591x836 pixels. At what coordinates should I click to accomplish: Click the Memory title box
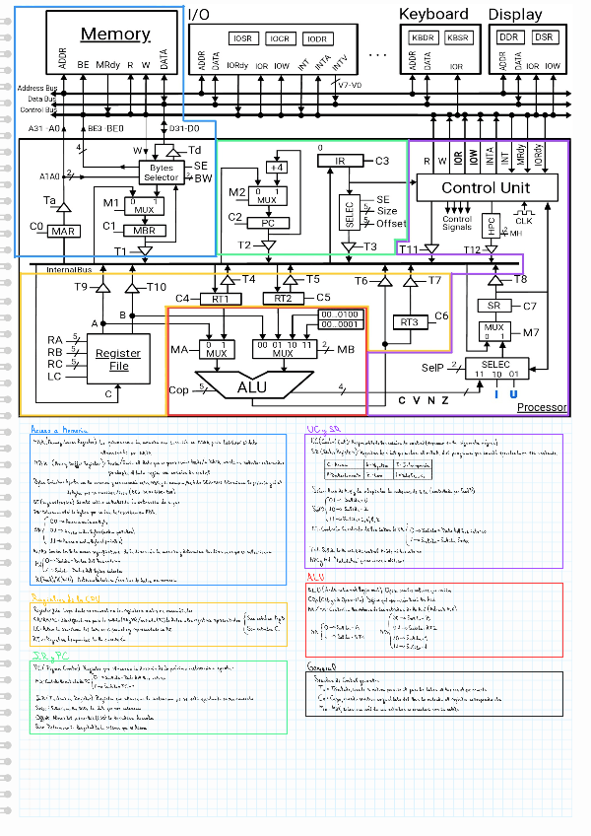pyautogui.click(x=115, y=35)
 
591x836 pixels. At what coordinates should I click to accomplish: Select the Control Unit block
pyautogui.click(x=486, y=187)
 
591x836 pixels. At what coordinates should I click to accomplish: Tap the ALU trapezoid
pyautogui.click(x=251, y=387)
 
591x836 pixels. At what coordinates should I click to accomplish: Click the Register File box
pyautogui.click(x=118, y=359)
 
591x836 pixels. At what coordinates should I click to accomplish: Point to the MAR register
pyautogui.click(x=64, y=231)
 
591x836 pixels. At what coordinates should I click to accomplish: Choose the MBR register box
pyautogui.click(x=145, y=231)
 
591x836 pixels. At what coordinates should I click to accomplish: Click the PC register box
pyautogui.click(x=266, y=223)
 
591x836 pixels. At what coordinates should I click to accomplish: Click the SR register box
pyautogui.click(x=493, y=306)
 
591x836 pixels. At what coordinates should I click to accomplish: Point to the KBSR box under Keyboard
pyautogui.click(x=457, y=37)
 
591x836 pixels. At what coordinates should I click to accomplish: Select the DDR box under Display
pyautogui.click(x=509, y=37)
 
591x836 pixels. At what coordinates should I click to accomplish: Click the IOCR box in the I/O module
pyautogui.click(x=279, y=38)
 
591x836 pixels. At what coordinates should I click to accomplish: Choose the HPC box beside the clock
pyautogui.click(x=490, y=225)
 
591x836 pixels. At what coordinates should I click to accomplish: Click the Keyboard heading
pyautogui.click(x=433, y=14)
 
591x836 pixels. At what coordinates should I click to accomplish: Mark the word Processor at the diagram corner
pyautogui.click(x=542, y=407)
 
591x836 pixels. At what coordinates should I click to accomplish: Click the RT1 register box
pyautogui.click(x=221, y=298)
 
